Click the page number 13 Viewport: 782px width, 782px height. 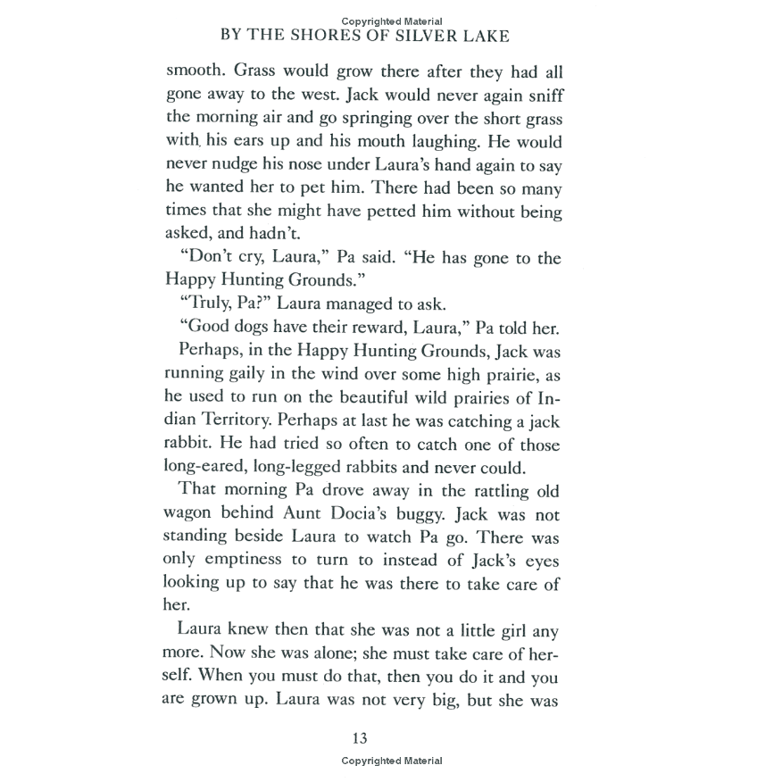pos(360,738)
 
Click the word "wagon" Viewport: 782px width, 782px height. pos(192,514)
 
